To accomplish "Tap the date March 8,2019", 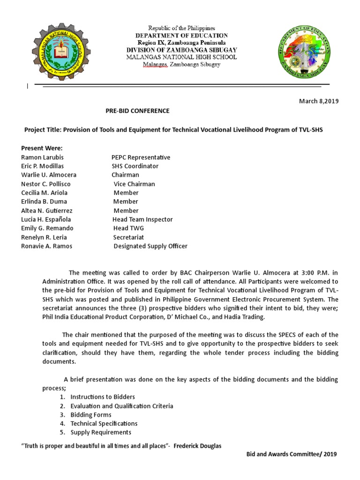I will (319, 101).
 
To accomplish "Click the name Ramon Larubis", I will (42, 157).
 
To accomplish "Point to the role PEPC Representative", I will (141, 157).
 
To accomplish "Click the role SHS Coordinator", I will (135, 166).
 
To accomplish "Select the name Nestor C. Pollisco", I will (46, 184).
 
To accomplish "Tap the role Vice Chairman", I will (134, 184).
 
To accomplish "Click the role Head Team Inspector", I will (142, 219).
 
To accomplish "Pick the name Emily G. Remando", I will (47, 228).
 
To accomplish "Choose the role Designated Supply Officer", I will (150, 246).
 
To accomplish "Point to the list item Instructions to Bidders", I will (103, 397).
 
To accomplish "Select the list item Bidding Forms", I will (91, 415).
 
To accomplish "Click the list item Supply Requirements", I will (101, 432).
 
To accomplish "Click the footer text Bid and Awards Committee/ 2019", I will (291, 454).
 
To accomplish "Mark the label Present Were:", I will (42, 149).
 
